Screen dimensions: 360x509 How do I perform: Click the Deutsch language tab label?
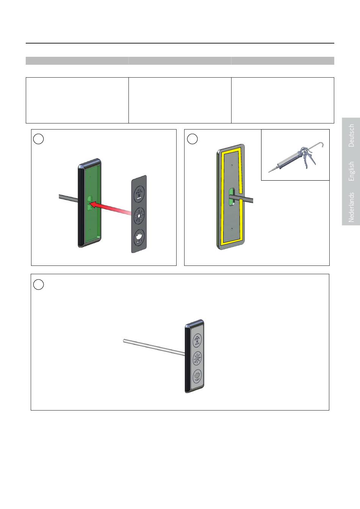click(x=351, y=136)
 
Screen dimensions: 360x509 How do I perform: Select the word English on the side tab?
click(x=351, y=171)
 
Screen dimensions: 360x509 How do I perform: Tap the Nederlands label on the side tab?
click(x=351, y=207)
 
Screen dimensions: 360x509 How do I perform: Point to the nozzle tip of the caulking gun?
click(x=269, y=172)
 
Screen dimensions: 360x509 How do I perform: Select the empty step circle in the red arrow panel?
click(x=38, y=139)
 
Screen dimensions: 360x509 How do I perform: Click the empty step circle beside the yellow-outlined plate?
click(x=192, y=139)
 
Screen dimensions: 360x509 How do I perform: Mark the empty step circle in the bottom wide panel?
click(x=38, y=284)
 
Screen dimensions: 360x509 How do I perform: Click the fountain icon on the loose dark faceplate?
click(x=139, y=194)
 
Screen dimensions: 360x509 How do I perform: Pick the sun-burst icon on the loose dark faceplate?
click(x=139, y=215)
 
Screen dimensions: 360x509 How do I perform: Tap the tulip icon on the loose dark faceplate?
click(x=139, y=237)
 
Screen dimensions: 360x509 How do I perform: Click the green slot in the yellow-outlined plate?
click(x=232, y=197)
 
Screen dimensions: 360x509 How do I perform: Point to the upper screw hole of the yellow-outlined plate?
click(x=232, y=166)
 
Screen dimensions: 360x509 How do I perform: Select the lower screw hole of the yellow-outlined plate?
click(x=232, y=229)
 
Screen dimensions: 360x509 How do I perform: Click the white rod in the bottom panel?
click(x=154, y=347)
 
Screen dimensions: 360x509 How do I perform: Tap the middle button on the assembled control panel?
click(x=197, y=359)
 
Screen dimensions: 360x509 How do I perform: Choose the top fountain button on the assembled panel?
click(x=197, y=340)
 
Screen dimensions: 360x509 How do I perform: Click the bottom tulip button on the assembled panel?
click(x=197, y=376)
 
